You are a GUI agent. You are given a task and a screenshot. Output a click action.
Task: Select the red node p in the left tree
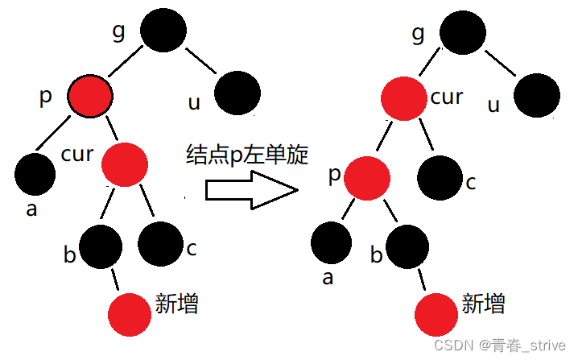click(x=90, y=97)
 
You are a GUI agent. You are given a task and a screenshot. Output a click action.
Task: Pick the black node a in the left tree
click(x=35, y=172)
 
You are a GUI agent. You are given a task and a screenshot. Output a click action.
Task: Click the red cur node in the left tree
click(x=126, y=163)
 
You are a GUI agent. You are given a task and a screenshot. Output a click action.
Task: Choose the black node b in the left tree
click(x=101, y=246)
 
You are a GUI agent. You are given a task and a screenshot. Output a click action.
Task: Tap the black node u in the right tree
click(x=538, y=95)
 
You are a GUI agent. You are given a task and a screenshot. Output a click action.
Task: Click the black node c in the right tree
click(x=440, y=177)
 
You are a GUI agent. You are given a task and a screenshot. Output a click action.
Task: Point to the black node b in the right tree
click(x=407, y=246)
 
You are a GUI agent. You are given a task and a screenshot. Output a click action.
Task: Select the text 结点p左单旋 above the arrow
click(x=246, y=155)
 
